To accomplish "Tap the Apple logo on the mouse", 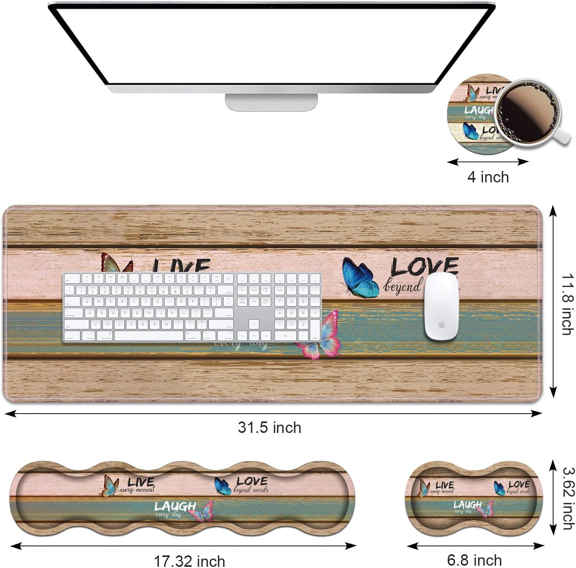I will (441, 324).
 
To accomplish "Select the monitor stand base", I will (271, 102).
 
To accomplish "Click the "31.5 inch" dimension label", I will (270, 427).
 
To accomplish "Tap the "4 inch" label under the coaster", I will (488, 177).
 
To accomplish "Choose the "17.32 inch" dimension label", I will (189, 561).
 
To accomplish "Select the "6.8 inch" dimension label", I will (474, 560).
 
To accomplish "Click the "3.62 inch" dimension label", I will (567, 498).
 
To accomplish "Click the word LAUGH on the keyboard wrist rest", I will (175, 506).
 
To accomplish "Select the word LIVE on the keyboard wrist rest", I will (141, 482).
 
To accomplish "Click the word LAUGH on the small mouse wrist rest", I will (467, 505).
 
